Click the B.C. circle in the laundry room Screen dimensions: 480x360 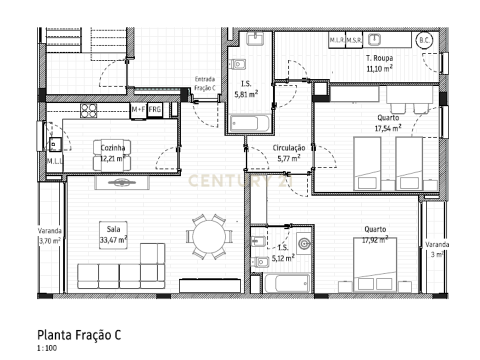(x=424, y=40)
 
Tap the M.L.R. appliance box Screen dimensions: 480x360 (x=337, y=40)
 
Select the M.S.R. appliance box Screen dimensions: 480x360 (x=354, y=40)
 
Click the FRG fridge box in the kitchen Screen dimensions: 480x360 (x=155, y=109)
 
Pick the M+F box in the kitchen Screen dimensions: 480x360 (x=138, y=110)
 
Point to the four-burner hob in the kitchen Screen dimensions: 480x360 (x=88, y=111)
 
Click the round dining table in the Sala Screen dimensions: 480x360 (x=209, y=236)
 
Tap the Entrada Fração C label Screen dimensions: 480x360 (x=205, y=83)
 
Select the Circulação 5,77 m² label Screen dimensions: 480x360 (x=288, y=153)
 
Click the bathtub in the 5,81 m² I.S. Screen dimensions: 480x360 (x=249, y=123)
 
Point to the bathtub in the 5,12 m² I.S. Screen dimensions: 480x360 (x=287, y=284)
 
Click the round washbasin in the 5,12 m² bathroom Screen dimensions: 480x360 (x=304, y=243)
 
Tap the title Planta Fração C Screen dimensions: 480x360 (x=79, y=335)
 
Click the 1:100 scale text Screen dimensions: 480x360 (x=47, y=348)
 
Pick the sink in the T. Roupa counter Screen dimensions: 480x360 (x=374, y=39)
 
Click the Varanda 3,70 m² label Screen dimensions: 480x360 (x=49, y=235)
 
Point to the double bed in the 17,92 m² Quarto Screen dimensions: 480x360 (x=375, y=265)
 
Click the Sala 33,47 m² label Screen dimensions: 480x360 (x=113, y=234)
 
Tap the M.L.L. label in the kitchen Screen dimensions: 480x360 (x=55, y=161)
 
